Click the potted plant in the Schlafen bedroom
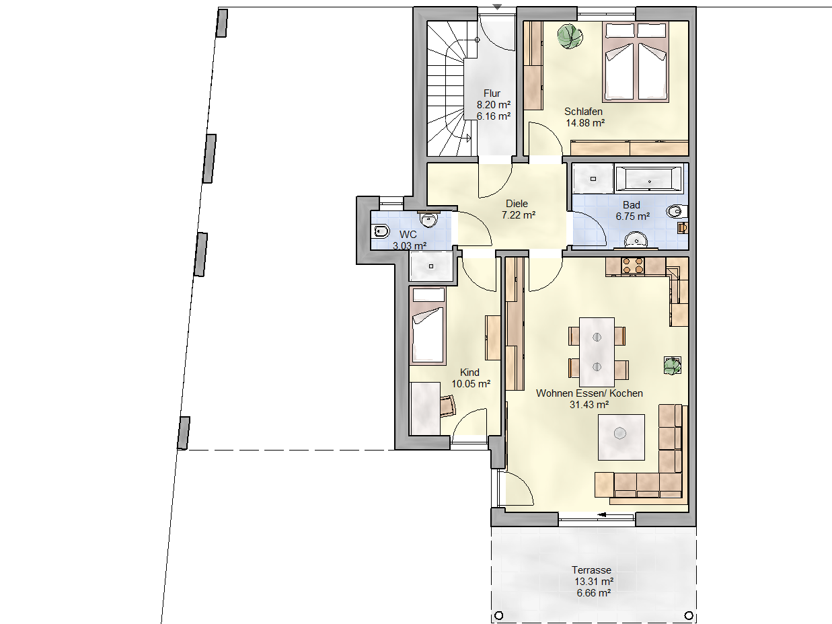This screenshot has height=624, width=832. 570,36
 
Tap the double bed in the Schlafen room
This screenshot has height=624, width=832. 636,62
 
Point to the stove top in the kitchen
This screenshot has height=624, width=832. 633,266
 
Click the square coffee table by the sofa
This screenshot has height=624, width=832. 621,437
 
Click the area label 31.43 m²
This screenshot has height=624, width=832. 589,405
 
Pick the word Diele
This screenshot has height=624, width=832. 517,204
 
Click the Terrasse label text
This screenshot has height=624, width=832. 591,570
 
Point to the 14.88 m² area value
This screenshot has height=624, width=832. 585,123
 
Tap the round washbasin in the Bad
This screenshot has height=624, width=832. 636,240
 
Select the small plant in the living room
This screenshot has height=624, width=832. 672,366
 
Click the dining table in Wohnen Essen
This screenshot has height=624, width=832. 597,352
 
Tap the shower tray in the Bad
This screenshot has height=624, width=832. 593,178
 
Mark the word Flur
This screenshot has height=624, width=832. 492,93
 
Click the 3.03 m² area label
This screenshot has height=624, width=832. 410,245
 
